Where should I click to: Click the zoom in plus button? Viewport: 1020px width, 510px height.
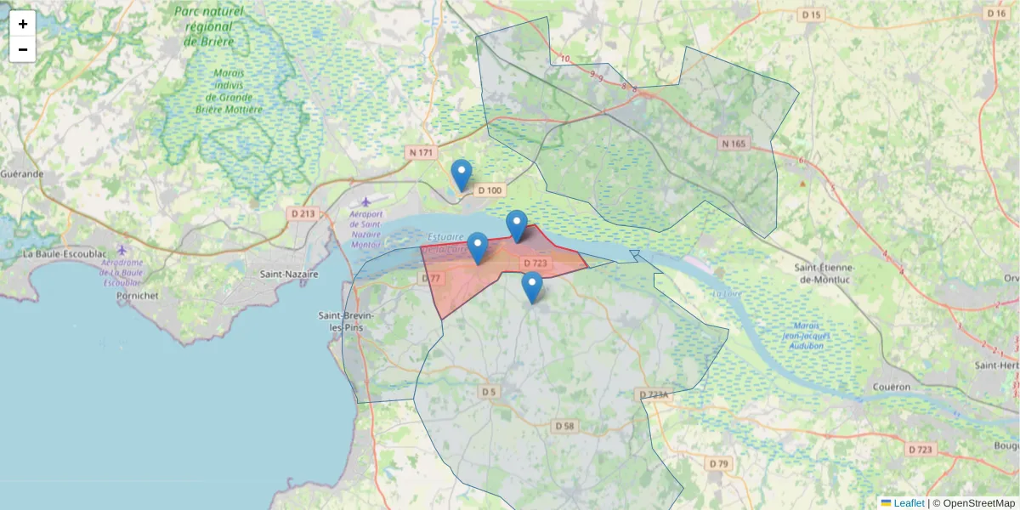(23, 24)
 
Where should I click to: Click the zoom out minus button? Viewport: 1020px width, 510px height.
(23, 49)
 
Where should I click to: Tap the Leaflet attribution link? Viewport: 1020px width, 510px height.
(909, 503)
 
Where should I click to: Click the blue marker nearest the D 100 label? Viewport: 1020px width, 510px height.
(462, 174)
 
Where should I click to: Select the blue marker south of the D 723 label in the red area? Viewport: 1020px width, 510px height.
(532, 287)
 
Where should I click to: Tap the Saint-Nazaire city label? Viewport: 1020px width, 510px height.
(289, 275)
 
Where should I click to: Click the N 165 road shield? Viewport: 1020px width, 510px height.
(733, 144)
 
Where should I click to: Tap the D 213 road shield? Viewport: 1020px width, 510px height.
(302, 213)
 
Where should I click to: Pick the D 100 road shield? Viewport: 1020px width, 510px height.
(490, 190)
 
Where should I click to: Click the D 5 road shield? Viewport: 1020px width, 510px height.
(487, 392)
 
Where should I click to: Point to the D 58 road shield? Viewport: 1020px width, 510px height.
(564, 425)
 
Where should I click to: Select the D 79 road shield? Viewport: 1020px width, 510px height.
(718, 463)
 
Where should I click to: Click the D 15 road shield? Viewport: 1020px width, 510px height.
(812, 15)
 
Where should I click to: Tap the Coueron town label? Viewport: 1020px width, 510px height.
(892, 387)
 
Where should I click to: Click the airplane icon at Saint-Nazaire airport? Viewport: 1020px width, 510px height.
(365, 201)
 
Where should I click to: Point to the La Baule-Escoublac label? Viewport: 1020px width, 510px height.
(65, 254)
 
